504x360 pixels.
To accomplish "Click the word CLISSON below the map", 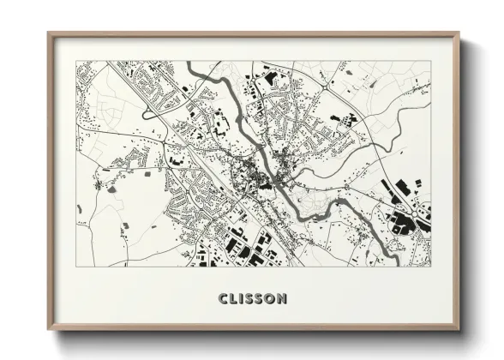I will pos(253,298).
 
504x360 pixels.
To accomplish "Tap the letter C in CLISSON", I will pos(223,298).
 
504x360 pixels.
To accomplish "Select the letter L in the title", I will pos(233,298).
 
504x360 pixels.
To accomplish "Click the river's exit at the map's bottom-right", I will pos(403,263).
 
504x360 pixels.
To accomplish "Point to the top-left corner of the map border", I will pos(76,62).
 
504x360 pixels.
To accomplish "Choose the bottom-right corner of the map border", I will pos(431,266).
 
